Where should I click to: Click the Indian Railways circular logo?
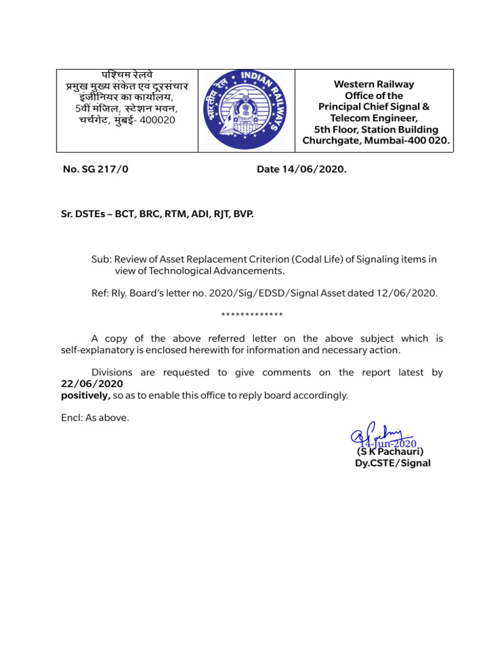[x=243, y=110]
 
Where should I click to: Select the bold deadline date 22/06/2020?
[x=92, y=384]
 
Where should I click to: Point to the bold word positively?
[x=85, y=396]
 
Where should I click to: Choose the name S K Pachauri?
[x=390, y=451]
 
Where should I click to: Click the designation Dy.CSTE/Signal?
[x=392, y=463]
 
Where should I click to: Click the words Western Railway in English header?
[x=374, y=85]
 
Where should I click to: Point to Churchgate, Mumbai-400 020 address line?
[x=376, y=140]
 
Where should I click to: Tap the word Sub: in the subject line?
[x=101, y=259]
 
